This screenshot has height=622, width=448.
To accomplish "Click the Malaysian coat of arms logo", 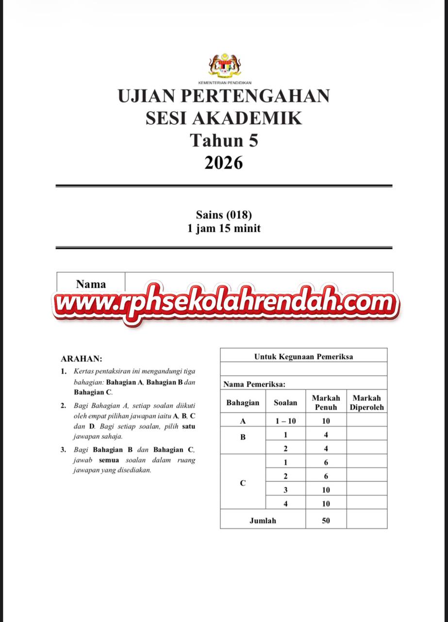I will point(224,67).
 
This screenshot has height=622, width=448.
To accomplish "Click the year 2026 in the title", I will point(224,163).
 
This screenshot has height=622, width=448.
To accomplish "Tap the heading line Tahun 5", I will point(224,140).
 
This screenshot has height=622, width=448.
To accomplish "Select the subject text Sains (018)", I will point(224,214).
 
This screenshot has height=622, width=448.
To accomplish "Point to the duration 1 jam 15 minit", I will point(224,228).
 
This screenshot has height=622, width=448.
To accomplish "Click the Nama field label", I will point(91,284).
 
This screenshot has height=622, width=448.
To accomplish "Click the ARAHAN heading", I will point(81,359).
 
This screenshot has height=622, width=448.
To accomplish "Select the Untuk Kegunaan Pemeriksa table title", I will point(303,356).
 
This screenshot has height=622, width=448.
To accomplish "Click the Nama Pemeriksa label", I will point(254,384).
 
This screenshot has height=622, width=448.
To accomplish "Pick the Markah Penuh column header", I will point(326,402).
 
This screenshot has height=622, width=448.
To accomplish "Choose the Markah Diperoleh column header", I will point(366,402).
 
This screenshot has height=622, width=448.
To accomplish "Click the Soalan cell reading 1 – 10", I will point(285,421).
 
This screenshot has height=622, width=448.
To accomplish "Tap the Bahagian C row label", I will point(243,483).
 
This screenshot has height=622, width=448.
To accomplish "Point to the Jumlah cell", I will point(263,520).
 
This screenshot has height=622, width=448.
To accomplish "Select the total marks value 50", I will point(326,520).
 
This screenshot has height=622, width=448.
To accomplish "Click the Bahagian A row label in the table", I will point(243,421).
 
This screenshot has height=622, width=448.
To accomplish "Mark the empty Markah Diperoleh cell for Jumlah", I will point(366,520).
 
